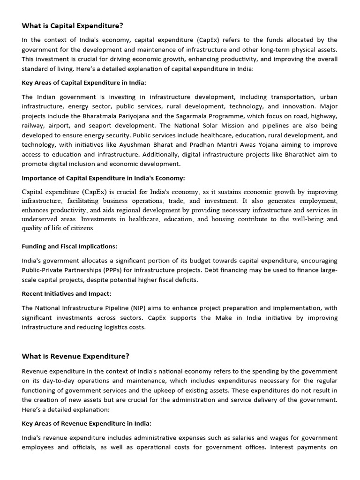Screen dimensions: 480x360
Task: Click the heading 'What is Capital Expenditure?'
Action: pos(72,26)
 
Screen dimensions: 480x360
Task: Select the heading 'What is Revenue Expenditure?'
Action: pos(75,356)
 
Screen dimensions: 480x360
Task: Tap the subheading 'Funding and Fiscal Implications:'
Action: pos(69,246)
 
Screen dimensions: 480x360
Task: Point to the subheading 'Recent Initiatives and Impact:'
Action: pos(67,294)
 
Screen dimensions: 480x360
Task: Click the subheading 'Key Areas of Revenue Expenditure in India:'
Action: pos(86,423)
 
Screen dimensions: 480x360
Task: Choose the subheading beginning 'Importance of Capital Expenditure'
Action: pos(103,178)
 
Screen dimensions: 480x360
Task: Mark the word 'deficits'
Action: pos(185,280)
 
